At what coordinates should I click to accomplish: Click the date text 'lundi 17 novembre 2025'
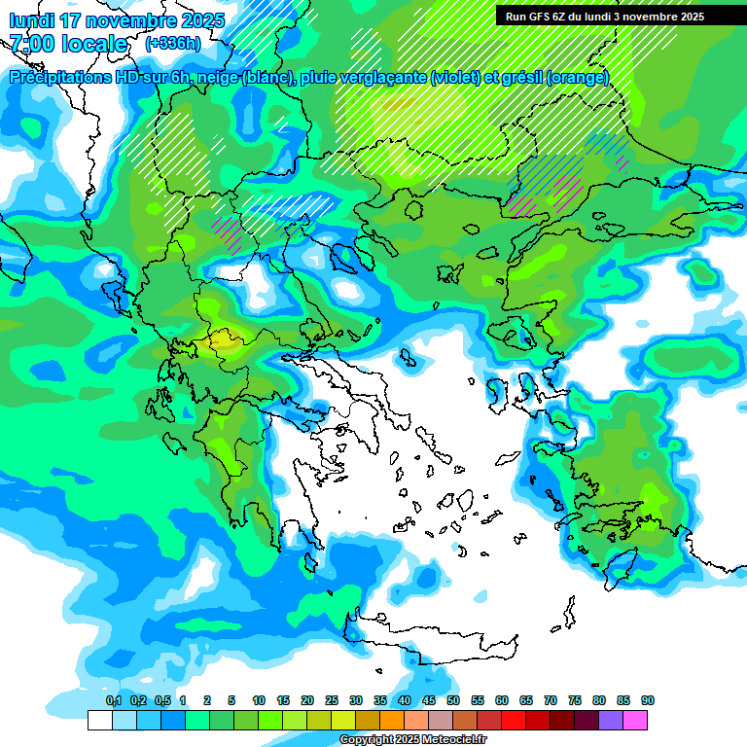(117, 20)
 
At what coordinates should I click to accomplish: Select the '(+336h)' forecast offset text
(173, 44)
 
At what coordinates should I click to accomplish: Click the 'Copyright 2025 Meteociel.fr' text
(412, 740)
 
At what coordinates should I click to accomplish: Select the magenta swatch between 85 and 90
(636, 720)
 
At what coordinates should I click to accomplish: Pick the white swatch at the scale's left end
(99, 720)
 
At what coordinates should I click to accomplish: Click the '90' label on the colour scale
(648, 701)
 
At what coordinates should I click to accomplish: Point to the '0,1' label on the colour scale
(113, 701)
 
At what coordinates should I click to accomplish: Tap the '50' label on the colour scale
(453, 701)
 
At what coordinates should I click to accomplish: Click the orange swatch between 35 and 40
(392, 720)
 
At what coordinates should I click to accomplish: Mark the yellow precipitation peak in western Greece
(224, 340)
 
